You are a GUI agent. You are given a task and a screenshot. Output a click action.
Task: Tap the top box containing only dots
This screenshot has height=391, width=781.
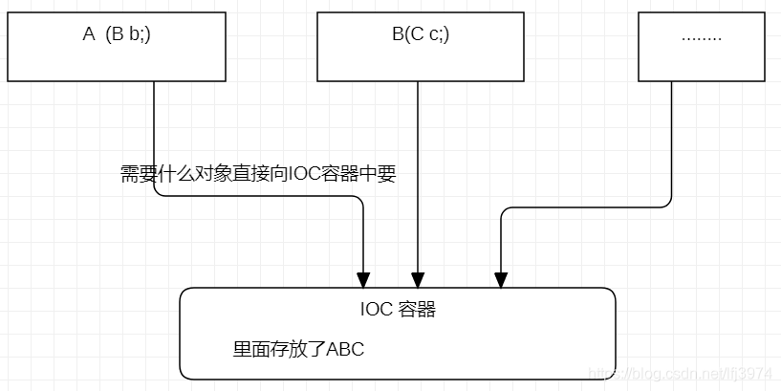point(701,47)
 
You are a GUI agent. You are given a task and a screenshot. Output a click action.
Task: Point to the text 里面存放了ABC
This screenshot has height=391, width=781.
point(298,349)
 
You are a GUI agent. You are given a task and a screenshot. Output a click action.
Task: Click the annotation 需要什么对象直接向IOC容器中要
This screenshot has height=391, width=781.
point(257,174)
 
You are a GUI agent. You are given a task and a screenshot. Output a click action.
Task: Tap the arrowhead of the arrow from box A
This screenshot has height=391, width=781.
point(363,278)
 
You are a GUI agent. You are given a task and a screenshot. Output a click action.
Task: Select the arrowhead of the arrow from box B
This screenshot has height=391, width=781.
point(418,278)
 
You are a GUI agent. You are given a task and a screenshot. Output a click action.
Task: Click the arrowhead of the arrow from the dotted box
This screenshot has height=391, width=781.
point(500,278)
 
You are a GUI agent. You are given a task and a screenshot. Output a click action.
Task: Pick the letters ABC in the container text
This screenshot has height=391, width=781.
point(345,349)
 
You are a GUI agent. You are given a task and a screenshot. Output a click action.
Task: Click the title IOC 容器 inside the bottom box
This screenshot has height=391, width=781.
point(398,310)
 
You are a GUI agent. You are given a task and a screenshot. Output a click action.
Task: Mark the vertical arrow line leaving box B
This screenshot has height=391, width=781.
point(418,172)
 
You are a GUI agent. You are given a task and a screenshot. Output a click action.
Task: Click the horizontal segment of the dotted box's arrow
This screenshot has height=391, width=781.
point(583,205)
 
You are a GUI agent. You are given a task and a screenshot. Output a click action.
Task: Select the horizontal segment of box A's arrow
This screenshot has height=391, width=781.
point(258,196)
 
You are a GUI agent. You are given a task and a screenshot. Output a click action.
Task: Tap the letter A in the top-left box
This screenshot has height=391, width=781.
point(89,34)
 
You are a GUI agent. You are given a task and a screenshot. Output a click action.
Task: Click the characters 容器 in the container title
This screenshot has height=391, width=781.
point(417,310)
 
